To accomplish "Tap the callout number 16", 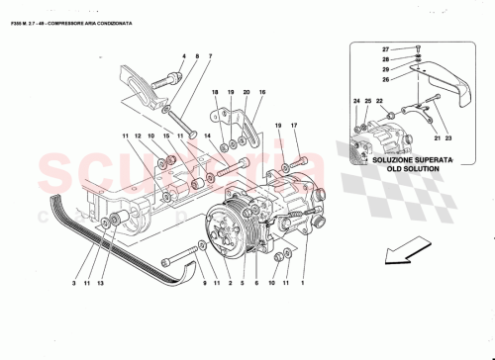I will tap(262, 91).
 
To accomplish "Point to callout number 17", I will tap(294, 126).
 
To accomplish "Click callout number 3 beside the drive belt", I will tap(73, 284).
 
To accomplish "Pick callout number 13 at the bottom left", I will tap(103, 284).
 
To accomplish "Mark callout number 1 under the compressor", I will tap(301, 284).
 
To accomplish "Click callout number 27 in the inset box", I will tap(387, 47).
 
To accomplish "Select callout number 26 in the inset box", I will tap(387, 80).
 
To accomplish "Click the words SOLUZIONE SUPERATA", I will tap(412, 158).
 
